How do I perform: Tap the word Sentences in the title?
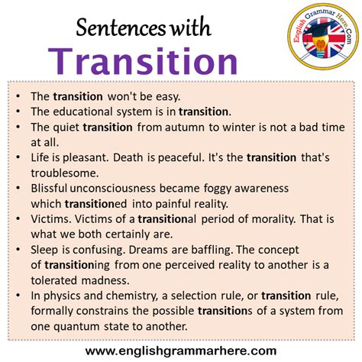[115, 28]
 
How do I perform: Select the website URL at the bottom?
[181, 351]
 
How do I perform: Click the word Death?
[136, 157]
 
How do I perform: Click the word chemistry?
[154, 295]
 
